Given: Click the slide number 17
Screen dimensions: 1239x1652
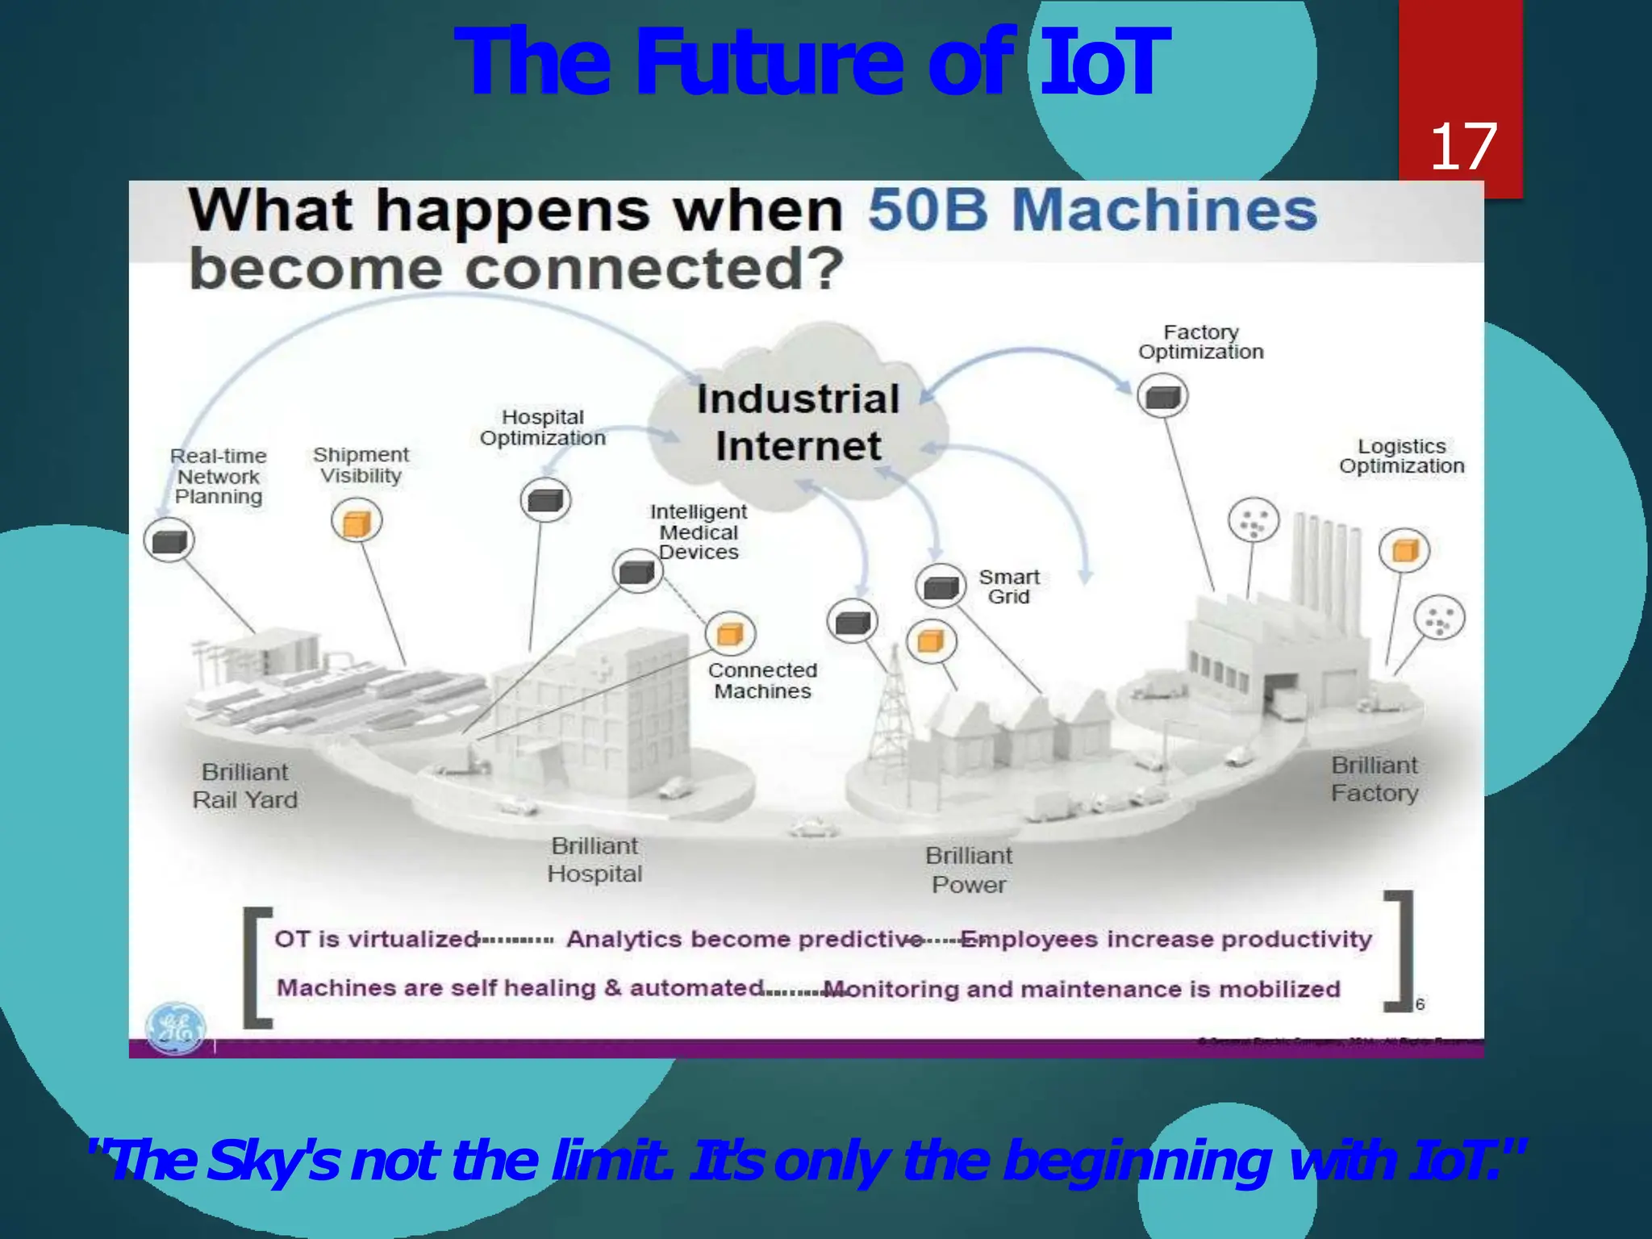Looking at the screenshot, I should (x=1462, y=147).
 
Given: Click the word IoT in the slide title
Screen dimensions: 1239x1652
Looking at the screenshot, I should (x=1102, y=63).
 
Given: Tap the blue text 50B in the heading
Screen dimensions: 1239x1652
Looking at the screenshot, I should (x=928, y=210).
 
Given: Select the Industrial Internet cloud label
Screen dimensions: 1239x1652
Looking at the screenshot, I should (x=798, y=423).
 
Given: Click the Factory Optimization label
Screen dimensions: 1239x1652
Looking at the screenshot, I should (x=1200, y=342).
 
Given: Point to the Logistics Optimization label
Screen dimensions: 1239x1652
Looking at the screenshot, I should (x=1401, y=457).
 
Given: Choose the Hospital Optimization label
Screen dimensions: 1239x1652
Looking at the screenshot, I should (x=542, y=428).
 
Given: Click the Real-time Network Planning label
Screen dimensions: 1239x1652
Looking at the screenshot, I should (x=219, y=476).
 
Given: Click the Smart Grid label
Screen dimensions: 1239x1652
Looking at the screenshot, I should (x=1008, y=586).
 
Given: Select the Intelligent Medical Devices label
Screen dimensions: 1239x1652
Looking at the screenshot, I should (x=699, y=532).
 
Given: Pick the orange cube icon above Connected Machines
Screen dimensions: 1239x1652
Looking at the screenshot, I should (x=730, y=633).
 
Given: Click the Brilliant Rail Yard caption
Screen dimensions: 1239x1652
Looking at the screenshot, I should (x=244, y=786).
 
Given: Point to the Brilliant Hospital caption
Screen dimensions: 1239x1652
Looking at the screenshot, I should (x=594, y=860).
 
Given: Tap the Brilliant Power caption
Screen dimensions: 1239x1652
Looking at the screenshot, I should (x=968, y=870).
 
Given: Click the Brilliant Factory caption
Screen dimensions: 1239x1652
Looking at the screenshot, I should (x=1374, y=779).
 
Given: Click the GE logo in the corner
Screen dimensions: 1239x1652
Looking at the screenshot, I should (x=175, y=1028).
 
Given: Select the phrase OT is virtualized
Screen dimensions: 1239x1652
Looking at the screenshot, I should (x=377, y=939).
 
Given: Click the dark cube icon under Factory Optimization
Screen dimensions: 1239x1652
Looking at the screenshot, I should (x=1162, y=396).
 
